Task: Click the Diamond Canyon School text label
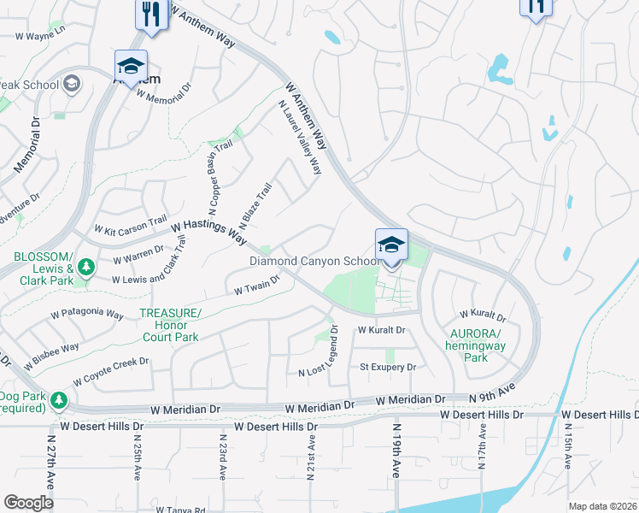(x=314, y=261)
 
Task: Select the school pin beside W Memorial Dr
(x=132, y=67)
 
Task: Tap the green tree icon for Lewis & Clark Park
(x=85, y=268)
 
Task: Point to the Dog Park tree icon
(x=58, y=399)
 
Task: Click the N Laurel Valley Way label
(x=300, y=138)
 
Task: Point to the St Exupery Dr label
(x=387, y=368)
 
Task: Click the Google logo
(x=29, y=503)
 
